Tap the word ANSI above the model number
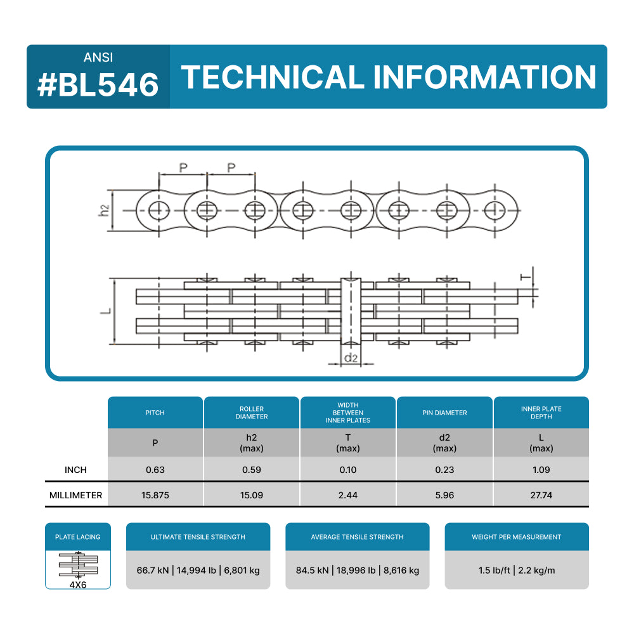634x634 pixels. pos(98,57)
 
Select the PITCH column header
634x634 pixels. pos(155,413)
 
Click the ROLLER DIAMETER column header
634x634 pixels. pos(252,413)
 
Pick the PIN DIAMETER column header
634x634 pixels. pos(444,413)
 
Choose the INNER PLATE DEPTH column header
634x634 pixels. pos(541,413)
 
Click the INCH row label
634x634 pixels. pos(75,470)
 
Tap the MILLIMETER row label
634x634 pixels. pos(75,495)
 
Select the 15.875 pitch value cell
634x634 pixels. pos(155,495)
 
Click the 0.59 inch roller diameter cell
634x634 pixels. pos(252,470)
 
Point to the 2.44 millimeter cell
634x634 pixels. pos(348,495)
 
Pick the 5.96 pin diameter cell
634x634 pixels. pos(444,495)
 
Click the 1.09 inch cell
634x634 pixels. pos(541,470)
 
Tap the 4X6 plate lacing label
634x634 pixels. pos(78,585)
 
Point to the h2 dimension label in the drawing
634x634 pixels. pos(104,210)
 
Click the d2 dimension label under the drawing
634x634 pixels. pos(351,358)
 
